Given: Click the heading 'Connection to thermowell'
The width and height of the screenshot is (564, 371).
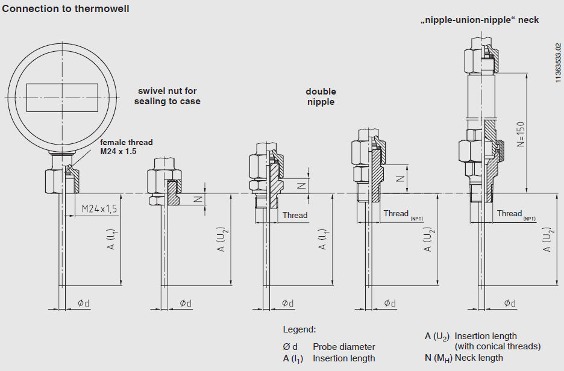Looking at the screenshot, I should click(x=66, y=8).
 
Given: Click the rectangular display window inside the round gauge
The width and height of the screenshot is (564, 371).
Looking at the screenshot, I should click(x=63, y=97).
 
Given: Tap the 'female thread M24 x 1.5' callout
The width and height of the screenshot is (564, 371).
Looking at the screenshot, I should click(x=126, y=146).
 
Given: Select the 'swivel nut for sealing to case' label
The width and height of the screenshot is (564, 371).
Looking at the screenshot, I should click(x=167, y=96).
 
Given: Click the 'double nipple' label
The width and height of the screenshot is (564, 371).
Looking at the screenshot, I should click(x=321, y=96).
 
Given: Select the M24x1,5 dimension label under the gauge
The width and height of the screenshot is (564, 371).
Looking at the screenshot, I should click(x=99, y=208).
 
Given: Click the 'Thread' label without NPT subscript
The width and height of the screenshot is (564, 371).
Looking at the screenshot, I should click(x=295, y=215).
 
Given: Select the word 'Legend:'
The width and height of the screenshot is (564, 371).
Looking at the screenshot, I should click(x=299, y=329).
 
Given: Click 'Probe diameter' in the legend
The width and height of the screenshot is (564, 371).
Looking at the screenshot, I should click(x=343, y=347).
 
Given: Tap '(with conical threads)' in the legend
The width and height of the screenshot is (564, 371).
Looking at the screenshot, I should click(x=497, y=346).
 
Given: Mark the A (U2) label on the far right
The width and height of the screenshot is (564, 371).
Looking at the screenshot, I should click(x=547, y=239).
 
